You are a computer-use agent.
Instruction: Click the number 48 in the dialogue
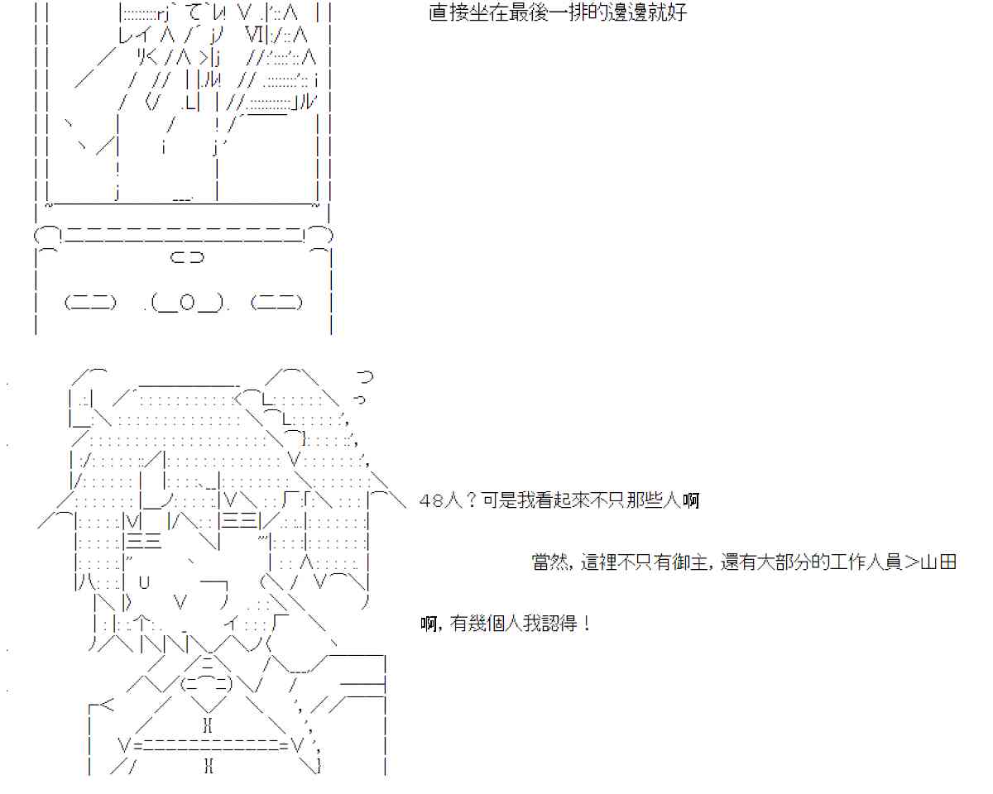(x=429, y=501)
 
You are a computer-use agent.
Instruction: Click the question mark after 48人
(x=472, y=501)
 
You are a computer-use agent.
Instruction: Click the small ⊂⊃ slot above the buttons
(x=187, y=258)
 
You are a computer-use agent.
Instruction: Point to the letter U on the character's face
(x=144, y=581)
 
